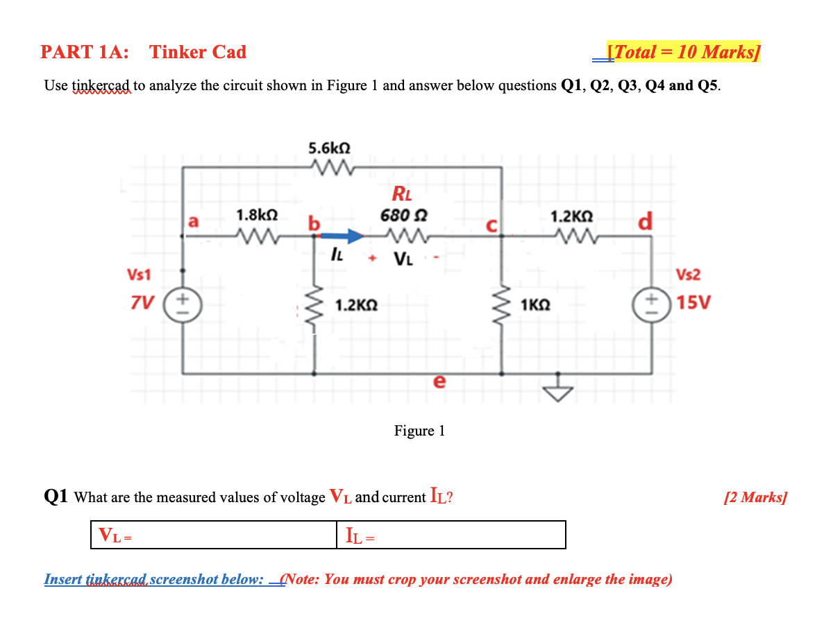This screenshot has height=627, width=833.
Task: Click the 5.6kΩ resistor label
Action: coord(329,148)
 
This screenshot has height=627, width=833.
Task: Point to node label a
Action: coord(194,221)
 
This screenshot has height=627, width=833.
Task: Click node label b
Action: coord(314,223)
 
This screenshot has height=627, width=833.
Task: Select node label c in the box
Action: coord(491,224)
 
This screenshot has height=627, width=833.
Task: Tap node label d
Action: coord(644,222)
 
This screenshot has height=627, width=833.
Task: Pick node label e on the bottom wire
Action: coord(438,382)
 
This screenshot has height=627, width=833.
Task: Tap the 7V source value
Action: coord(143,304)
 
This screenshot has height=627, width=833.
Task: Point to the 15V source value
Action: coord(691,304)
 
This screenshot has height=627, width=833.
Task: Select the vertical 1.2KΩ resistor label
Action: coord(356,304)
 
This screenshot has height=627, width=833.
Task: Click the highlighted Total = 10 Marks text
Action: coord(683,52)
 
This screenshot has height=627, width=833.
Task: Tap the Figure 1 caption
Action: coord(419,431)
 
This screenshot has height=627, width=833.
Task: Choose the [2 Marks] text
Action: coord(755,498)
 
